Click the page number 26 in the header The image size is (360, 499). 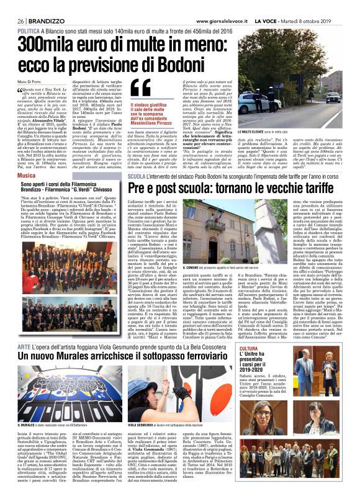pyautogui.click(x=20, y=20)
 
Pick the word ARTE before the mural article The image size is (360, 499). pyautogui.click(x=25, y=327)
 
